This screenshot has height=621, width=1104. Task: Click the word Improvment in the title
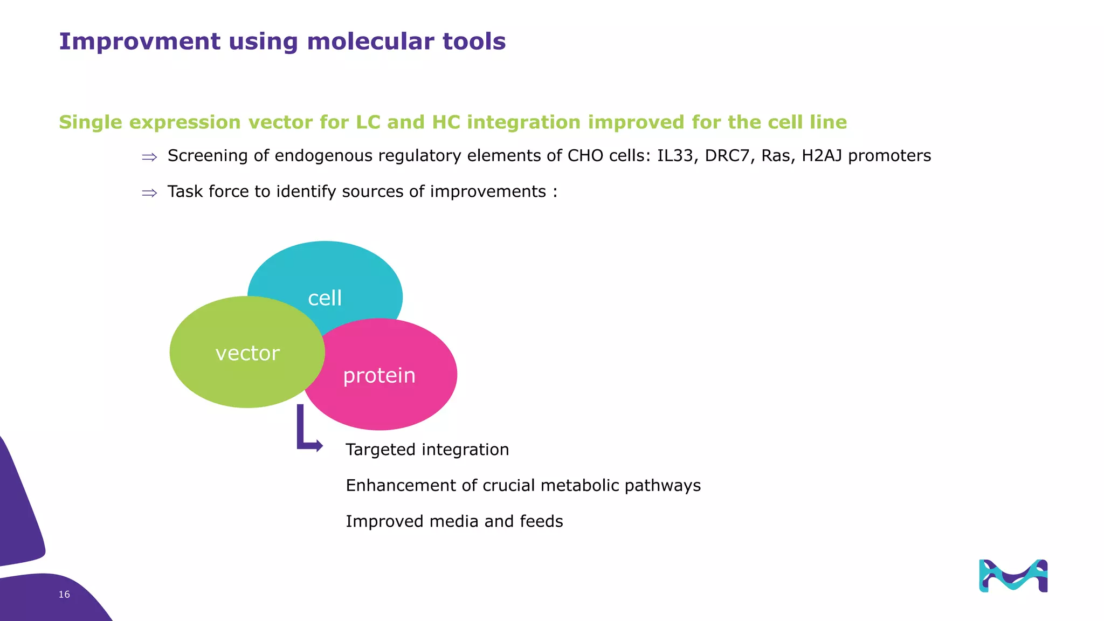[x=140, y=42]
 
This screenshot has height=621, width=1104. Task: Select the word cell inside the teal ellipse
[x=325, y=298]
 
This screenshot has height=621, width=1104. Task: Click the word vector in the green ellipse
[x=247, y=353]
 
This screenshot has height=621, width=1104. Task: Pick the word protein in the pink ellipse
[x=379, y=376]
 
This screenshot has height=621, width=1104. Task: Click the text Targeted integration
[x=427, y=450]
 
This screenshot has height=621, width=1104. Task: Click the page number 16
[x=64, y=594]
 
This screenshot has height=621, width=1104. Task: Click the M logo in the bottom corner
[x=1013, y=576]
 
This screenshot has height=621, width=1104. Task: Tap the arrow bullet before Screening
[x=149, y=157]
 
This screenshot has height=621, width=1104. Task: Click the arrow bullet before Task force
[x=149, y=192]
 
